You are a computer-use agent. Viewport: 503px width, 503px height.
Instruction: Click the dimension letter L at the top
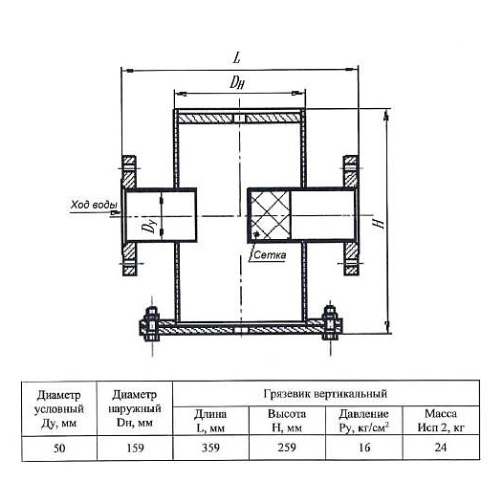click(236, 57)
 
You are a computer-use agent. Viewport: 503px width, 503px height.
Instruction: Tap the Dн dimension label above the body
click(237, 82)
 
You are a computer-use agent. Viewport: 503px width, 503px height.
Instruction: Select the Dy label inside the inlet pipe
click(148, 225)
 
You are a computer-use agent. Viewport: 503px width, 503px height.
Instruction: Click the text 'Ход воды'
click(94, 205)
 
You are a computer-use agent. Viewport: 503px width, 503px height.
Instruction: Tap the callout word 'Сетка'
click(270, 255)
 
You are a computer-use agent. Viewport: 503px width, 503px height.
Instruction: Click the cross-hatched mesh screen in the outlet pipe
click(270, 215)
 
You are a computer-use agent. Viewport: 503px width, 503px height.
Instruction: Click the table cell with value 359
click(210, 448)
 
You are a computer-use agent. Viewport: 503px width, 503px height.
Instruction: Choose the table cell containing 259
click(287, 448)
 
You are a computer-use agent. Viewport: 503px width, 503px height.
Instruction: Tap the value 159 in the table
click(135, 448)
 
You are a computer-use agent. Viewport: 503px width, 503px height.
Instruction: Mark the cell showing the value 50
click(59, 448)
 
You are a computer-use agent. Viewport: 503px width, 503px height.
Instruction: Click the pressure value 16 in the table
click(364, 448)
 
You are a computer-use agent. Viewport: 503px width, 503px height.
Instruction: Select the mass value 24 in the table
click(441, 448)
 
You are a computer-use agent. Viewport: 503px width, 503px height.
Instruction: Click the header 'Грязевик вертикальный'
click(325, 394)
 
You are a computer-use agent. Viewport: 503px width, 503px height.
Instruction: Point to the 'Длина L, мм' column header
click(210, 421)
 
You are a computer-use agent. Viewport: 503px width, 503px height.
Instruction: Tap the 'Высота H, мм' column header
click(287, 421)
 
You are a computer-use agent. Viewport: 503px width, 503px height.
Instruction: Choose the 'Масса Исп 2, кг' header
click(441, 421)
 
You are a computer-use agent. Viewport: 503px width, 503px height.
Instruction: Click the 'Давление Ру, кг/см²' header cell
click(364, 421)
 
